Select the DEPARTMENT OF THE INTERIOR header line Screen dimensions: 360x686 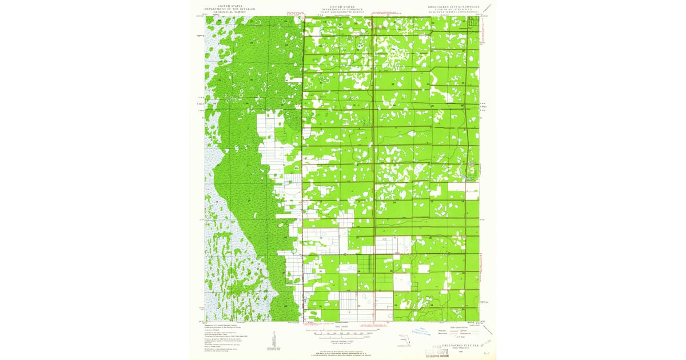(x=229, y=7)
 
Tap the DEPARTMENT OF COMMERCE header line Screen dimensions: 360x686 (x=343, y=7)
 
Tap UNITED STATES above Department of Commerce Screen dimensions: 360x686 (x=343, y=5)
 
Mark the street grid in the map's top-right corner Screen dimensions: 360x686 (x=473, y=22)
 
